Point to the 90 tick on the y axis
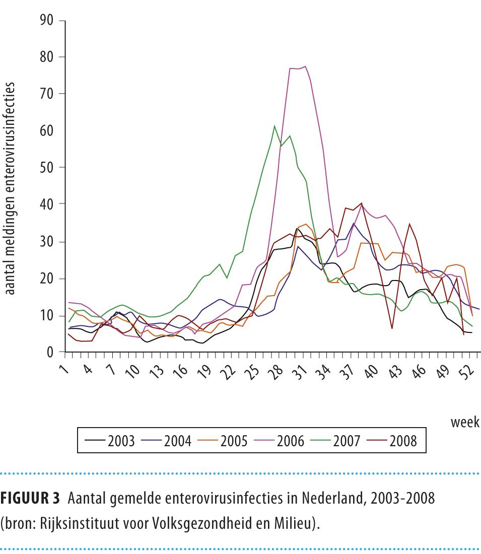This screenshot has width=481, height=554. tap(46, 20)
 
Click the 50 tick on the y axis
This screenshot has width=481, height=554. tap(46, 167)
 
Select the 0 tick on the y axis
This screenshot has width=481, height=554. tap(50, 352)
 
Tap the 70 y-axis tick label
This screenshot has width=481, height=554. tap(46, 94)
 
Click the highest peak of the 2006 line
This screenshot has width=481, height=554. tap(305, 66)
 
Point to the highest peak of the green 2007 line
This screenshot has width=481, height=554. tap(274, 126)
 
